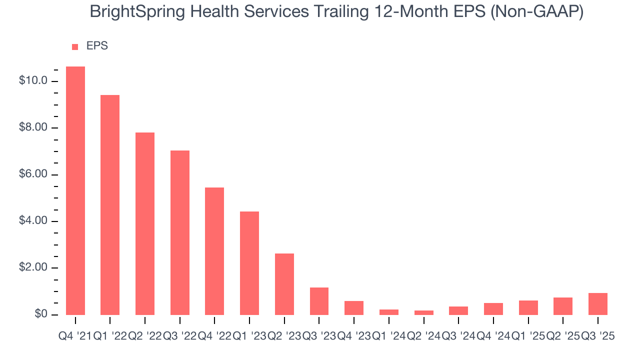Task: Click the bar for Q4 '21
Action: [x=75, y=190]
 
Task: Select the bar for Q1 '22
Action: [x=110, y=205]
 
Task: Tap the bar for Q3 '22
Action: [x=180, y=232]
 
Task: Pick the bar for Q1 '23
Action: [x=249, y=263]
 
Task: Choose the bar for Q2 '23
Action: [x=284, y=284]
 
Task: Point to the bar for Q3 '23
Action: [x=319, y=301]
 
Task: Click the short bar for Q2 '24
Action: [x=424, y=312]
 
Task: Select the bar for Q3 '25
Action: [x=598, y=304]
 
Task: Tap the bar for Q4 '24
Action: [x=493, y=309]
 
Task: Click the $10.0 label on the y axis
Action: [x=33, y=81]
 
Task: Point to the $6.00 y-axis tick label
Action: [x=33, y=174]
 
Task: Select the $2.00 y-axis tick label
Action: [x=33, y=268]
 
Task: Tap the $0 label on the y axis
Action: [x=40, y=314]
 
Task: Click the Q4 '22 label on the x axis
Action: [x=214, y=336]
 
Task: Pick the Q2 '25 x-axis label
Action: [x=563, y=336]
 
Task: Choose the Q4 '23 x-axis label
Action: [x=354, y=336]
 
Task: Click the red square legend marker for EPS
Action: [x=75, y=47]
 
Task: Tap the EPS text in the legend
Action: [x=97, y=46]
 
